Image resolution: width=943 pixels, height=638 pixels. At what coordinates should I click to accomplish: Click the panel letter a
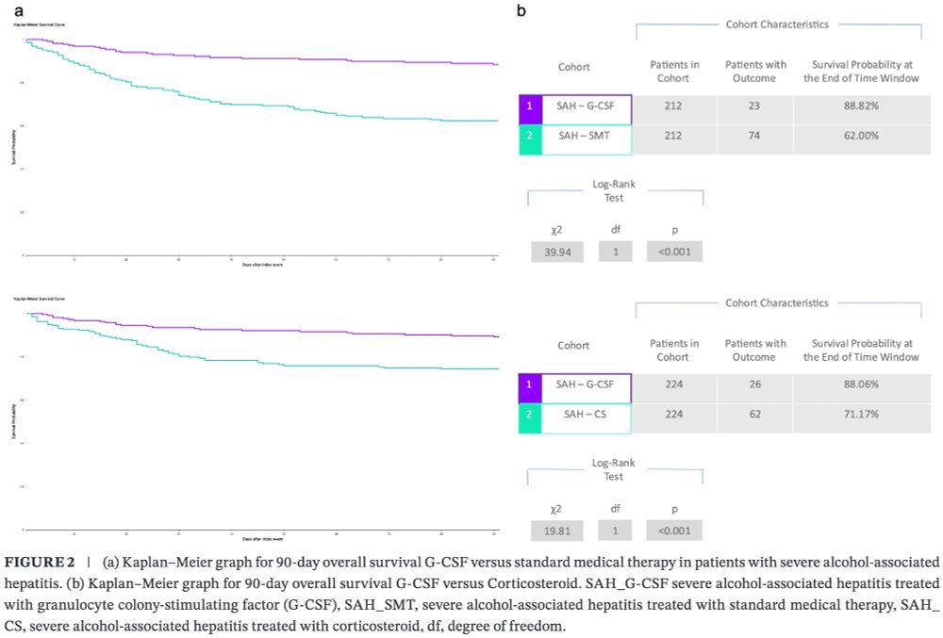tap(19, 10)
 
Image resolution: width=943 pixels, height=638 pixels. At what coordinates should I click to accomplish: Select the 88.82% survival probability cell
tap(860, 106)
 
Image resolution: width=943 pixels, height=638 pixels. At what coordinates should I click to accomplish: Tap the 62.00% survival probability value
tap(860, 136)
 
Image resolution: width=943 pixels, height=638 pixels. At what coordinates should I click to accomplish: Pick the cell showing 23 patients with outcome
tap(754, 106)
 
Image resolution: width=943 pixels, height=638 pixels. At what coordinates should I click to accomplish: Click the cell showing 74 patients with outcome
tap(754, 136)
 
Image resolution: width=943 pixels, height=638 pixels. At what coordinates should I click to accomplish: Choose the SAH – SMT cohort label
tap(585, 136)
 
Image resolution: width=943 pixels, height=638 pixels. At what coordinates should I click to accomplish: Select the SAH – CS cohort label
tap(585, 414)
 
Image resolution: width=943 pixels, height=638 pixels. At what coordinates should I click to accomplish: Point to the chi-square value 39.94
tap(556, 252)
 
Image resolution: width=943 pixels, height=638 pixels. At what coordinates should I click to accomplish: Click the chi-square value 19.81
tap(556, 531)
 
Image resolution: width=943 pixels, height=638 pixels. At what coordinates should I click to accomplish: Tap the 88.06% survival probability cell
tap(860, 384)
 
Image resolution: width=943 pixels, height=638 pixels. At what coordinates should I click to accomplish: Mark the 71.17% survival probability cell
tap(860, 414)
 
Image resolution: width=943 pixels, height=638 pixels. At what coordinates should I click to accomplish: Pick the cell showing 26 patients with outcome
tap(754, 384)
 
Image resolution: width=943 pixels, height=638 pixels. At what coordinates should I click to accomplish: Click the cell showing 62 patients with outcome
tap(754, 414)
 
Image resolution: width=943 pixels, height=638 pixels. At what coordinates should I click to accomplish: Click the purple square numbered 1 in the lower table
tap(530, 384)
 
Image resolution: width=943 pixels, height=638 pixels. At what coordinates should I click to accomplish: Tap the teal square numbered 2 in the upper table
tap(530, 136)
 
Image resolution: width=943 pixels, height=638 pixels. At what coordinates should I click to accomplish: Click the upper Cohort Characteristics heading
tap(776, 24)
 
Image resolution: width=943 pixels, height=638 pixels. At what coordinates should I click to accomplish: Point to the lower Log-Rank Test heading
tap(613, 469)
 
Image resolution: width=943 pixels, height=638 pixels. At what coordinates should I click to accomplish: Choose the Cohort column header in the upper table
tap(573, 67)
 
